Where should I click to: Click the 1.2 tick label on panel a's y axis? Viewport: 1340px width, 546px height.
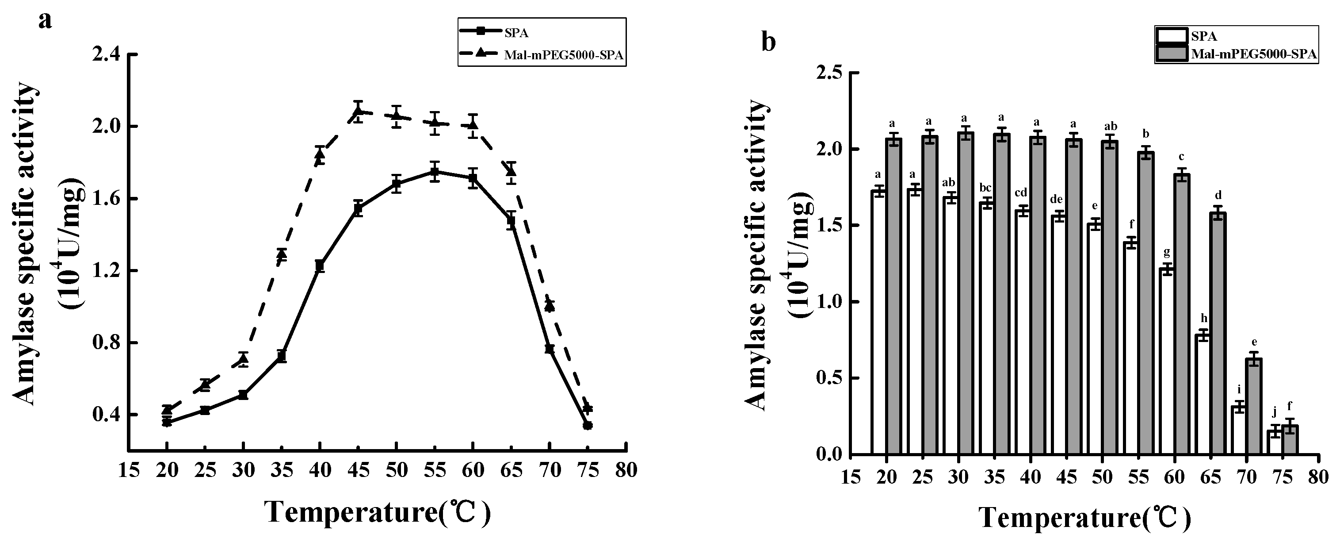click(106, 271)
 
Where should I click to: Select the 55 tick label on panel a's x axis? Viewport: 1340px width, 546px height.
click(435, 470)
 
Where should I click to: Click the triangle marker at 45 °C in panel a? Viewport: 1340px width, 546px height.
click(358, 111)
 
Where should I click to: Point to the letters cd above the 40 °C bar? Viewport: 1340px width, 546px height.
click(1021, 193)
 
